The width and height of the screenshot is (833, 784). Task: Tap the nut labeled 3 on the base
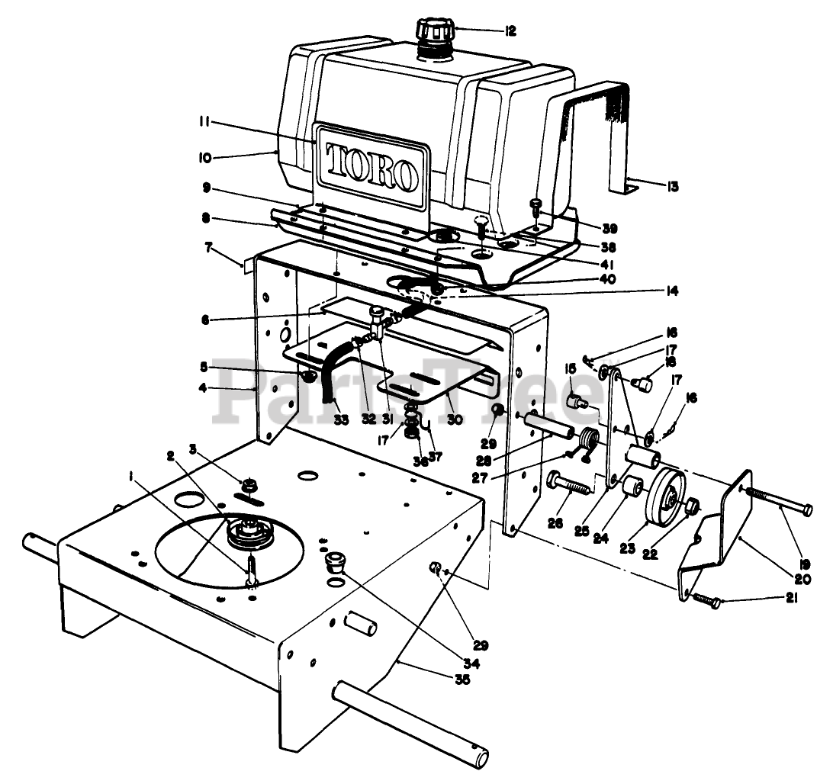(248, 485)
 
